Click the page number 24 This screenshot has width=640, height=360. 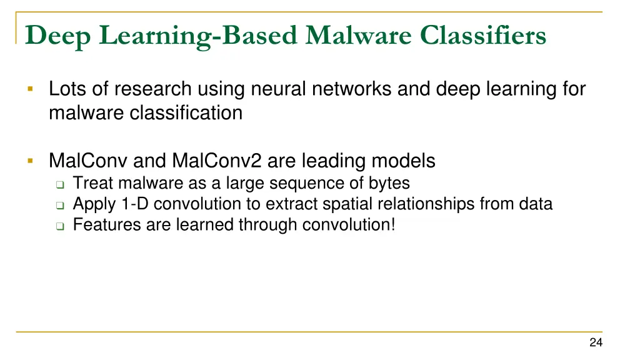coord(595,342)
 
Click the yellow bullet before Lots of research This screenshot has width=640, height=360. coord(29,90)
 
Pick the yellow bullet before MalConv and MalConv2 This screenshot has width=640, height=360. coord(29,161)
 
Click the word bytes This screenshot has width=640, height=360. coord(389,184)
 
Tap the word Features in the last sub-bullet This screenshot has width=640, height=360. coord(107,225)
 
